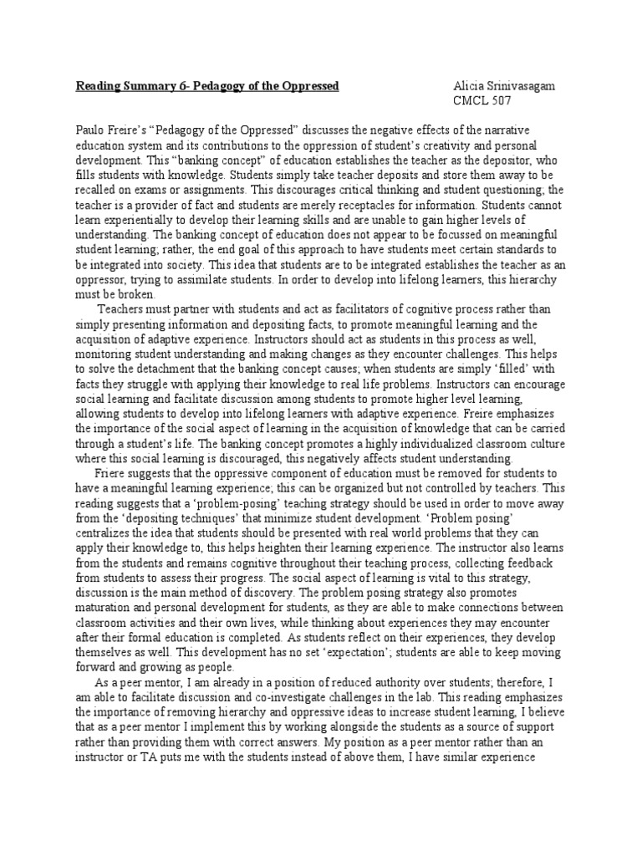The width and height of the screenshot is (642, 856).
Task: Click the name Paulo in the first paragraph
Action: [x=91, y=130]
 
